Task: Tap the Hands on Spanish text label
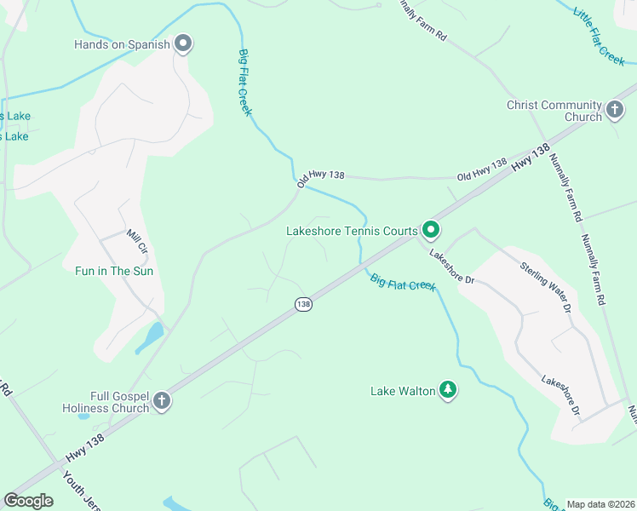pos(123,44)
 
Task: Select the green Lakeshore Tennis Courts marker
pos(432,230)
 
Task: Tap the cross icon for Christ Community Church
pos(615,110)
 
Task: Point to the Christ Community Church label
pos(554,111)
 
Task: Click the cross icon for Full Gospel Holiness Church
pos(162,401)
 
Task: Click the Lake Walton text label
pos(402,392)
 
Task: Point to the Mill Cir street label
pos(137,244)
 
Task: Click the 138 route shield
pos(304,304)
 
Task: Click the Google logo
pos(28,501)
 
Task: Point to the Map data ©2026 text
pos(600,504)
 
